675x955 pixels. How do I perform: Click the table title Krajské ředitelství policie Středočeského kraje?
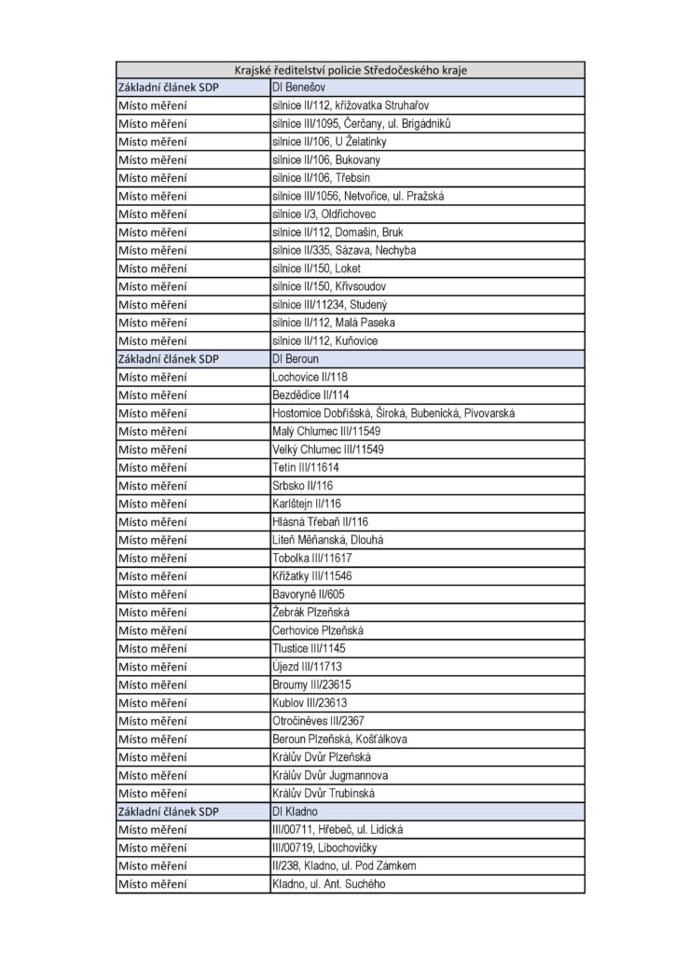click(351, 69)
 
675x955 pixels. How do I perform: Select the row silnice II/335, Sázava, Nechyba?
click(344, 250)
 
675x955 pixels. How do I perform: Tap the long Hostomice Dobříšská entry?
click(392, 413)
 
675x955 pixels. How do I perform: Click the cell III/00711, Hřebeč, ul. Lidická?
click(337, 829)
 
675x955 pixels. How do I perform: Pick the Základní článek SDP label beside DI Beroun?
click(167, 359)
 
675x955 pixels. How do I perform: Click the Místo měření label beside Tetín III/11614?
click(153, 467)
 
